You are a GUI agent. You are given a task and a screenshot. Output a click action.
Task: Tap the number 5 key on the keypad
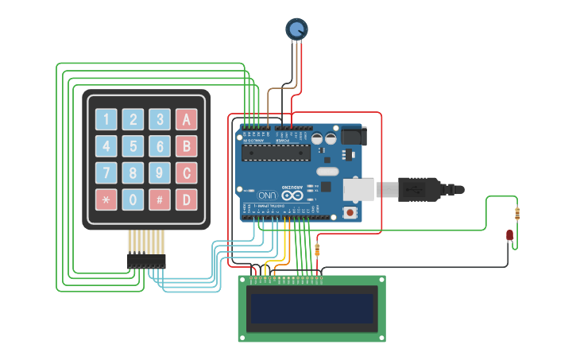[x=133, y=146]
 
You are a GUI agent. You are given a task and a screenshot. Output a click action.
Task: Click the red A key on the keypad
[x=187, y=120]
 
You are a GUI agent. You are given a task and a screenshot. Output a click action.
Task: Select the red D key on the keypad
[x=187, y=199]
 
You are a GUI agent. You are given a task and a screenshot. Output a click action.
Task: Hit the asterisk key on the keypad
[x=106, y=199]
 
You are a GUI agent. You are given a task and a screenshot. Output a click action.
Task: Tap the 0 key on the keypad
[x=133, y=199]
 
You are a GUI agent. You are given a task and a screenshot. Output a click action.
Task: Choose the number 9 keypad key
[x=160, y=172]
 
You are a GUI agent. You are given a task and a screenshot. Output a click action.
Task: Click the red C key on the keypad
[x=187, y=172]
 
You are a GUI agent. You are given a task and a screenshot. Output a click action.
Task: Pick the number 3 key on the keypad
[x=160, y=120]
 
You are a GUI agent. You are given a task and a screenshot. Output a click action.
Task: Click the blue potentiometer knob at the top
[x=296, y=29]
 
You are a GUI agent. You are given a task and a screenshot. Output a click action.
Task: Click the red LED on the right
[x=510, y=235]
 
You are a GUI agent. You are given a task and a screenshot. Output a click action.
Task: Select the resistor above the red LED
[x=518, y=213]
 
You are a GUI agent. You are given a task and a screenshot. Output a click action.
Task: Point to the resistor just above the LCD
[x=318, y=250]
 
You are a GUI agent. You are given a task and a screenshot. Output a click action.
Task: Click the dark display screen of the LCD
[x=311, y=308]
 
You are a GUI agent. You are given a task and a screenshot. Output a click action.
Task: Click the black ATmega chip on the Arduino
[x=276, y=152]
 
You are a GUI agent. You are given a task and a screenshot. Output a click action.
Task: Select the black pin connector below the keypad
[x=147, y=260]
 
